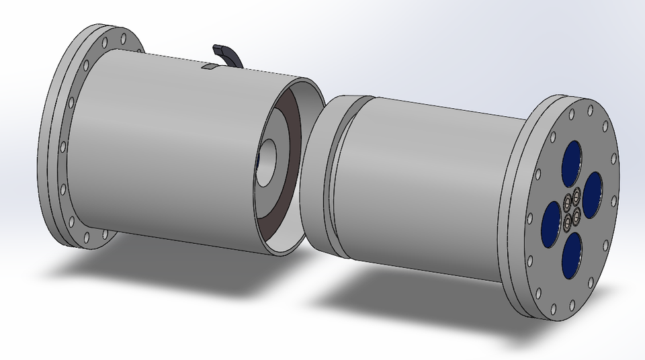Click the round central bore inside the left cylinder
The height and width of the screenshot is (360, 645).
tap(271, 159)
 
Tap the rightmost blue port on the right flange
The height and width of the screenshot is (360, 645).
tap(593, 194)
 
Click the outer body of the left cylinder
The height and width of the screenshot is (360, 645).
tap(168, 148)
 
